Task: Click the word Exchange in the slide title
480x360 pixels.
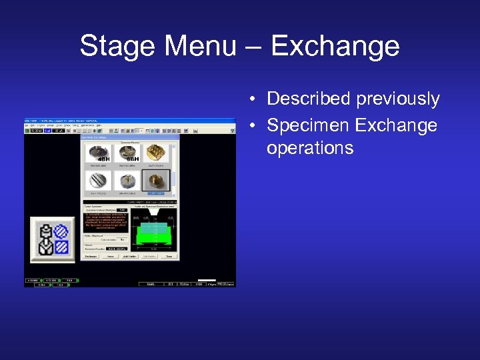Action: (335, 47)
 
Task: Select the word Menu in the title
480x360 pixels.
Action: (199, 47)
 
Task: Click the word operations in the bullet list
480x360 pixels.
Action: (309, 147)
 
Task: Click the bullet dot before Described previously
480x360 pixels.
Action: (254, 100)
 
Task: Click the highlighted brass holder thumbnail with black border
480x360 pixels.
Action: (157, 181)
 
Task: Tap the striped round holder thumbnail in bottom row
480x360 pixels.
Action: (99, 181)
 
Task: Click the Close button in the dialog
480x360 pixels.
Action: (169, 256)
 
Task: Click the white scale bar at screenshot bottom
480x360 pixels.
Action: (208, 280)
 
